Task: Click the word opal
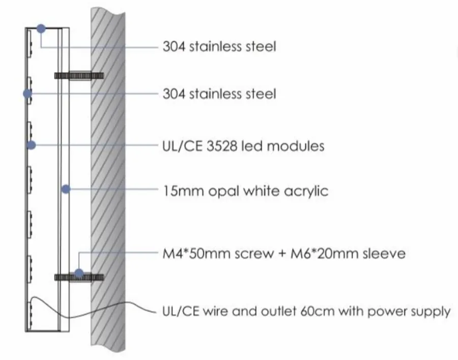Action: click(224, 192)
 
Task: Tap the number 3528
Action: click(221, 146)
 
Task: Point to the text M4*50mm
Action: click(196, 253)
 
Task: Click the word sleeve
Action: click(384, 253)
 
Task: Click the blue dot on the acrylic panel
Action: click(66, 189)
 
